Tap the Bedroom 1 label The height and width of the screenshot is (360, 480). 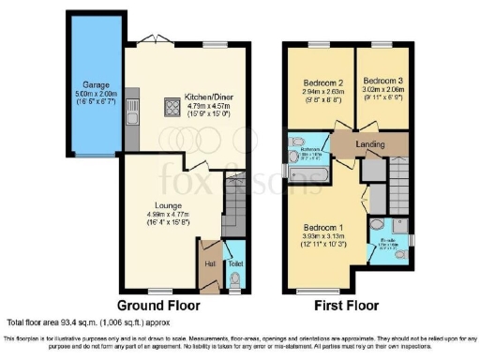(323, 227)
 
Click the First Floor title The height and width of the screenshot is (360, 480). (344, 306)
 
